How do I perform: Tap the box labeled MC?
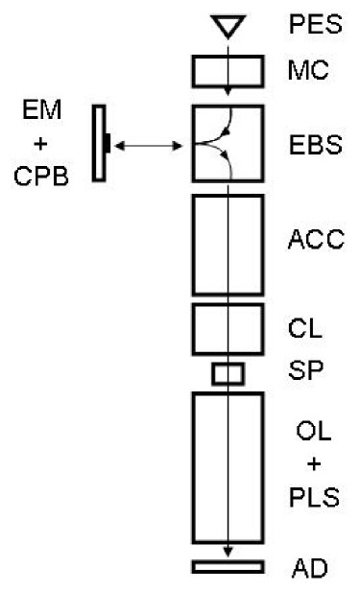tap(228, 70)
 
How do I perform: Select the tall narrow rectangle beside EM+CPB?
tap(99, 144)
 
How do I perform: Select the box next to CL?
tap(228, 328)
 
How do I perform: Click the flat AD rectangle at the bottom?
tap(228, 565)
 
